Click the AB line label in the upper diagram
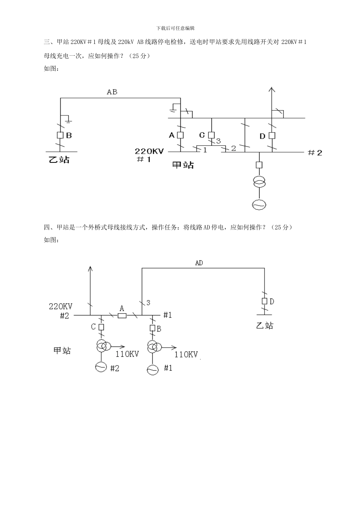pyautogui.click(x=112, y=92)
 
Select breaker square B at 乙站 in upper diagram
pyautogui.click(x=60, y=135)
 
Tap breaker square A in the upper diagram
pyautogui.click(x=180, y=135)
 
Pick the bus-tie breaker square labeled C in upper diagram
pyautogui.click(x=211, y=135)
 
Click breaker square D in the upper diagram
pyautogui.click(x=271, y=136)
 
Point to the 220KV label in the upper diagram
pyautogui.click(x=149, y=151)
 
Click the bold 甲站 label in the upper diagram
pyautogui.click(x=183, y=165)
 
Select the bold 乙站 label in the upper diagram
pyautogui.click(x=59, y=159)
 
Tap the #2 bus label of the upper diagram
pyautogui.click(x=315, y=153)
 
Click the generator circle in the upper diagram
pyautogui.click(x=259, y=205)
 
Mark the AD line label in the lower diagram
pyautogui.click(x=199, y=263)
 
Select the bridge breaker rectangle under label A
pyautogui.click(x=122, y=315)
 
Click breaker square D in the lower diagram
pyautogui.click(x=265, y=301)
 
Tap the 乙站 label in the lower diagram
pyautogui.click(x=265, y=325)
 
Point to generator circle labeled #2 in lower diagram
pyautogui.click(x=101, y=367)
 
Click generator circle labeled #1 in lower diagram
pyautogui.click(x=152, y=369)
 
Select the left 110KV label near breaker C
pyautogui.click(x=127, y=354)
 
